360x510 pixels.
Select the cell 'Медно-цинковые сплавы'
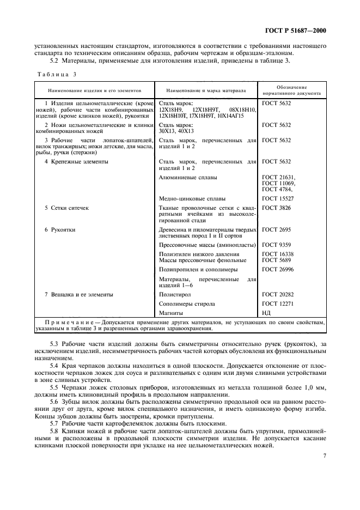pos(192,199)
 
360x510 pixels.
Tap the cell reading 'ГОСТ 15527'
pos(277,199)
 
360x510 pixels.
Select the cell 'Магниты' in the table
pos(171,313)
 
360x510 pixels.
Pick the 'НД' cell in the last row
pos(266,313)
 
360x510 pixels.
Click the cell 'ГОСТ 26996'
pos(277,269)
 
